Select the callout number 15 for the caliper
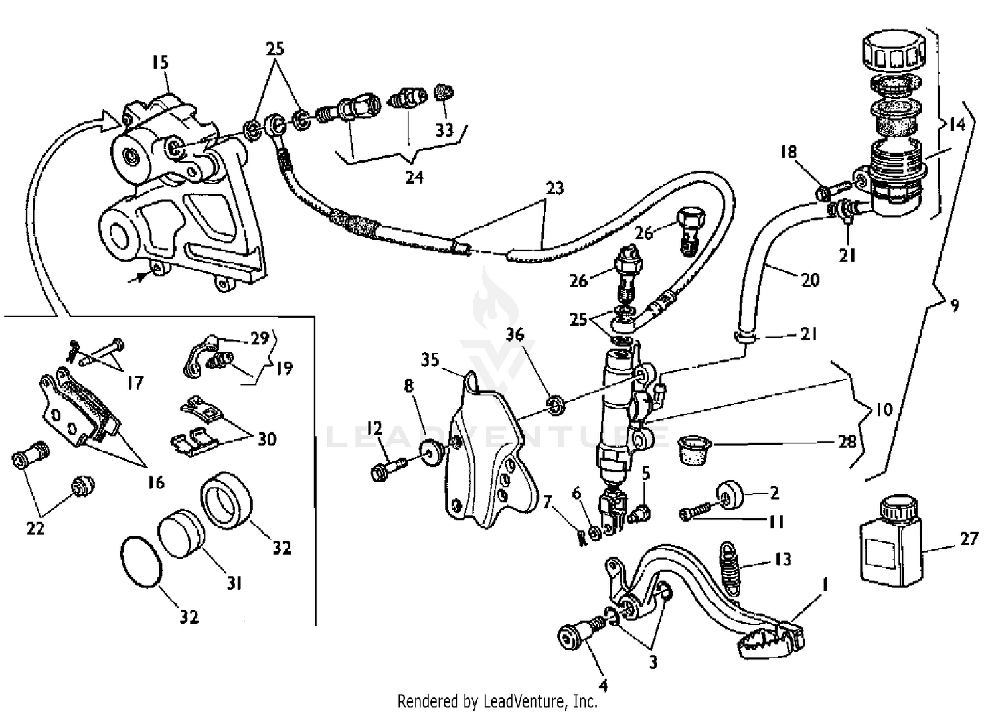point(160,63)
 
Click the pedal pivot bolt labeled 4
point(576,636)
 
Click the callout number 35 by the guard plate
point(430,360)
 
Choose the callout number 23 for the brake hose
point(555,188)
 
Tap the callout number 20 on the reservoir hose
point(810,280)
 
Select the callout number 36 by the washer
point(515,334)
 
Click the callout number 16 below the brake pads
point(155,482)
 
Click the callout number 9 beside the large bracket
point(954,306)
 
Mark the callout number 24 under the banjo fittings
point(414,177)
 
